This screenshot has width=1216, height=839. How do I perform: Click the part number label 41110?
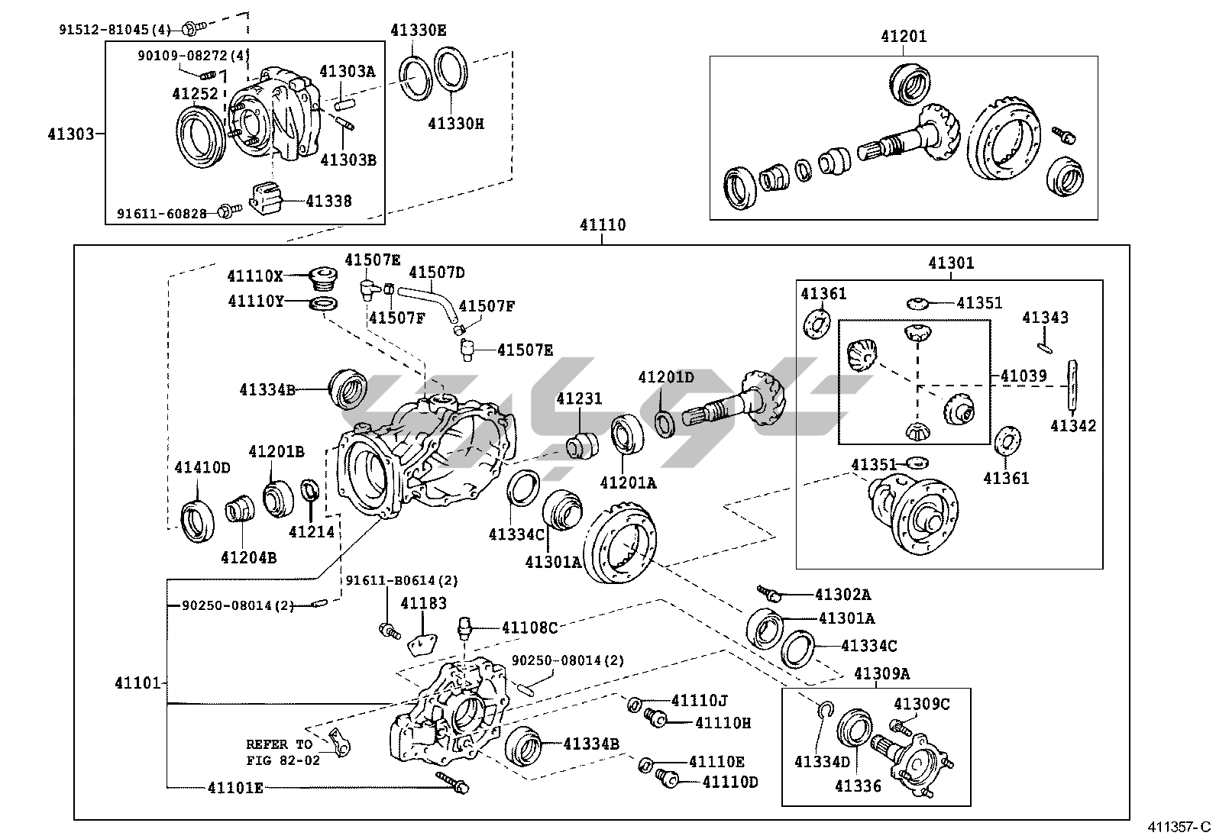[x=602, y=225]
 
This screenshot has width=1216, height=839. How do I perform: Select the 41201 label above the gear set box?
[x=904, y=36]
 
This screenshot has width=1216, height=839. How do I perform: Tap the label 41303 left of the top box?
[x=70, y=135]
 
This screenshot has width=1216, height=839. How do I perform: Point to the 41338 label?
[x=329, y=202]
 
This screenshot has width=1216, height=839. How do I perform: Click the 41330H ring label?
[x=455, y=124]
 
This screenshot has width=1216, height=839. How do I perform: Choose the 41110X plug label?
[x=255, y=276]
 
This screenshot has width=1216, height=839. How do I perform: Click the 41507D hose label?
[x=437, y=273]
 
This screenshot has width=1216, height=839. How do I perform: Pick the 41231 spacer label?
[x=579, y=399]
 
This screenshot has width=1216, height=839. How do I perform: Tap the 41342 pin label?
[x=1072, y=426]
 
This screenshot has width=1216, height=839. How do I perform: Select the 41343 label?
[x=1046, y=318]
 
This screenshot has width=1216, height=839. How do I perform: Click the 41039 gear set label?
[x=1024, y=376]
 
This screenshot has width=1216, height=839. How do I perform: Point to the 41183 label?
[x=424, y=604]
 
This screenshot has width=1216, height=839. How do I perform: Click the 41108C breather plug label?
[x=529, y=628]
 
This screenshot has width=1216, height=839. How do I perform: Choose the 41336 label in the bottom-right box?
[x=858, y=786]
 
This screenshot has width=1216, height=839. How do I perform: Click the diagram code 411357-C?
[x=1179, y=827]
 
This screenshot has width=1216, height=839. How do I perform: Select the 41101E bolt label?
[x=235, y=788]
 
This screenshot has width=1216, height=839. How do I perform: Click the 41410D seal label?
[x=202, y=467]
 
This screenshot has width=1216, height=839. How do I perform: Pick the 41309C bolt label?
[x=922, y=704]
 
